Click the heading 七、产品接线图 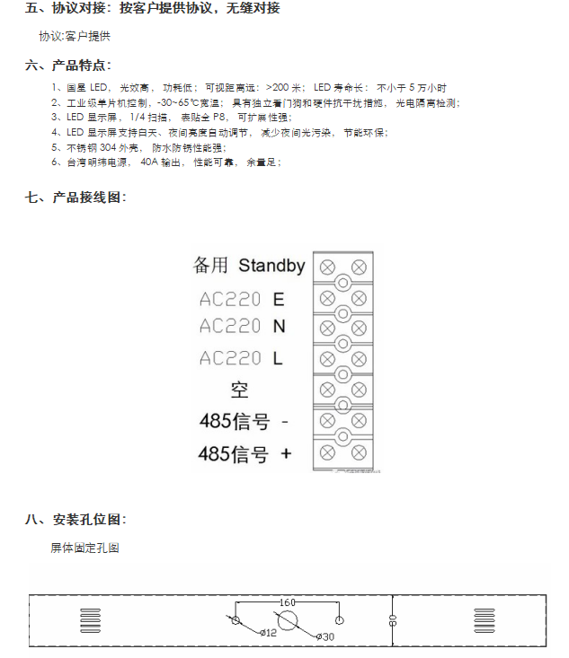(x=76, y=197)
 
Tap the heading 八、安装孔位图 (x=76, y=520)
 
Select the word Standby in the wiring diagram (x=271, y=266)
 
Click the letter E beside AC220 (x=279, y=299)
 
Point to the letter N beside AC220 (x=279, y=326)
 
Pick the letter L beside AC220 (x=278, y=358)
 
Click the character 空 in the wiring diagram (x=239, y=390)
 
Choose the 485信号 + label (x=245, y=454)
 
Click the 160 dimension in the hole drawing (x=288, y=601)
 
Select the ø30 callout (x=325, y=636)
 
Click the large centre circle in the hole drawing (x=288, y=620)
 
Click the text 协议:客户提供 (x=75, y=37)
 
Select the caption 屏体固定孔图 (x=85, y=548)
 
